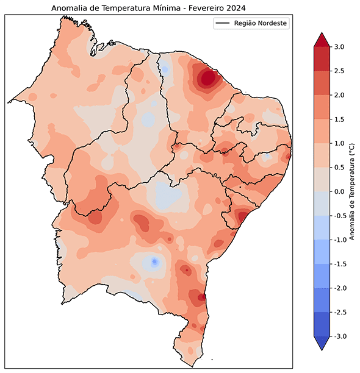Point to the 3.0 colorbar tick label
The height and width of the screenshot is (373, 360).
pyautogui.click(x=340, y=47)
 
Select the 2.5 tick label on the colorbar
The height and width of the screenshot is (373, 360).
pyautogui.click(x=340, y=71)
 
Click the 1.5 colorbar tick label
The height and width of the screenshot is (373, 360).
pyautogui.click(x=340, y=119)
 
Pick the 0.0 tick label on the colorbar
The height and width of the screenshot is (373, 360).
pyautogui.click(x=340, y=191)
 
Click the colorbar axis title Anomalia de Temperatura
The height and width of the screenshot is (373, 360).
pyautogui.click(x=352, y=191)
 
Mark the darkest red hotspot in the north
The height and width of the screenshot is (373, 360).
pyautogui.click(x=207, y=78)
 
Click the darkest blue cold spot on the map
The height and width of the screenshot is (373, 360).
pyautogui.click(x=154, y=261)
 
